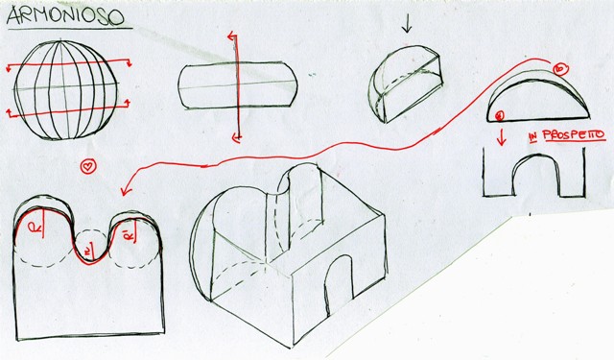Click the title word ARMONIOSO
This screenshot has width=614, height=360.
pyautogui.click(x=65, y=16)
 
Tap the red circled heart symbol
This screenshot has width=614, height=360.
pyautogui.click(x=88, y=166)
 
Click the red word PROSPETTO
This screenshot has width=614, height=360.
pyautogui.click(x=574, y=135)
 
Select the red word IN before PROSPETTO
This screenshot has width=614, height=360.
pyautogui.click(x=533, y=137)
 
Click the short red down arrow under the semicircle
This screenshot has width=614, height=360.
pyautogui.click(x=501, y=136)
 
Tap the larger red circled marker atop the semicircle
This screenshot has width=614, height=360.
pyautogui.click(x=560, y=68)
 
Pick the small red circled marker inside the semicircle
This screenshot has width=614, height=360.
pyautogui.click(x=500, y=115)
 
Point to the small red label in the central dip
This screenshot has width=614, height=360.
pyautogui.click(x=87, y=252)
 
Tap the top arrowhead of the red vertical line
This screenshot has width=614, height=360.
pyautogui.click(x=232, y=36)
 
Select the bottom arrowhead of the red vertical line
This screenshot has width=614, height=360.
pyautogui.click(x=236, y=137)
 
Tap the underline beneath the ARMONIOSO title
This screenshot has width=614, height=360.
pyautogui.click(x=70, y=29)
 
